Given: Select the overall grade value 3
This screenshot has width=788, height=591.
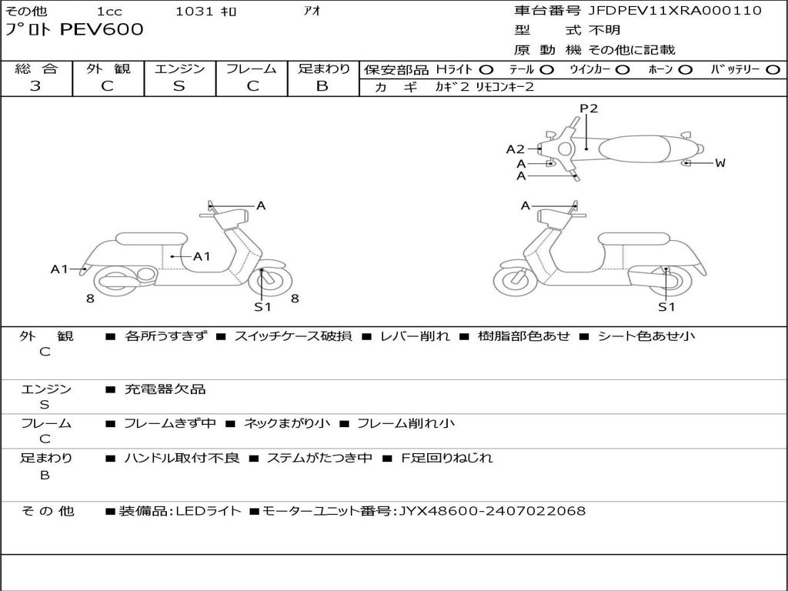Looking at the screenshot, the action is [35, 86].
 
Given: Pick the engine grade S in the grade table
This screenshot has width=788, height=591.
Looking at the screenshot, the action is [179, 86].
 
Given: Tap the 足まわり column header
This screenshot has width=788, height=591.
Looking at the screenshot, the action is [324, 69].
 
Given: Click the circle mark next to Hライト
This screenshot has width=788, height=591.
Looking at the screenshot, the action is [487, 70].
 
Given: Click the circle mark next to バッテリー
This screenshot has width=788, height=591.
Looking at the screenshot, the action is [773, 70].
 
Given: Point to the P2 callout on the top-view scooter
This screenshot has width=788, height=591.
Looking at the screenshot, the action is [589, 109].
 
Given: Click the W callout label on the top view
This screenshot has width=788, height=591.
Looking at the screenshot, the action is [720, 163].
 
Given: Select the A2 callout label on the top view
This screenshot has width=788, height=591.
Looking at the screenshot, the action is [515, 149].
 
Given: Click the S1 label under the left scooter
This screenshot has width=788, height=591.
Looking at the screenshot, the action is [262, 307].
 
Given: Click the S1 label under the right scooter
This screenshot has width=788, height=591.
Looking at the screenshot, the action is [666, 307].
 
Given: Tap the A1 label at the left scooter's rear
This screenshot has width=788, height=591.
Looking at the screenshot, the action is [59, 269].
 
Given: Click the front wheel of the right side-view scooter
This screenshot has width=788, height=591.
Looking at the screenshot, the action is [515, 281].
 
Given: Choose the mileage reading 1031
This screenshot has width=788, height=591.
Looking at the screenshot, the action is [195, 11].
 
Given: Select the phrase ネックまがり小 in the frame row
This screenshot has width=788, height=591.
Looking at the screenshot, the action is [287, 423].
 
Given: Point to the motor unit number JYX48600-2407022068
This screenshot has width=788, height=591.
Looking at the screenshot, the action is [492, 511].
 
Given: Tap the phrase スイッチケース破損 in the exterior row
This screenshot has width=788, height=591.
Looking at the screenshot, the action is [292, 336].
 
